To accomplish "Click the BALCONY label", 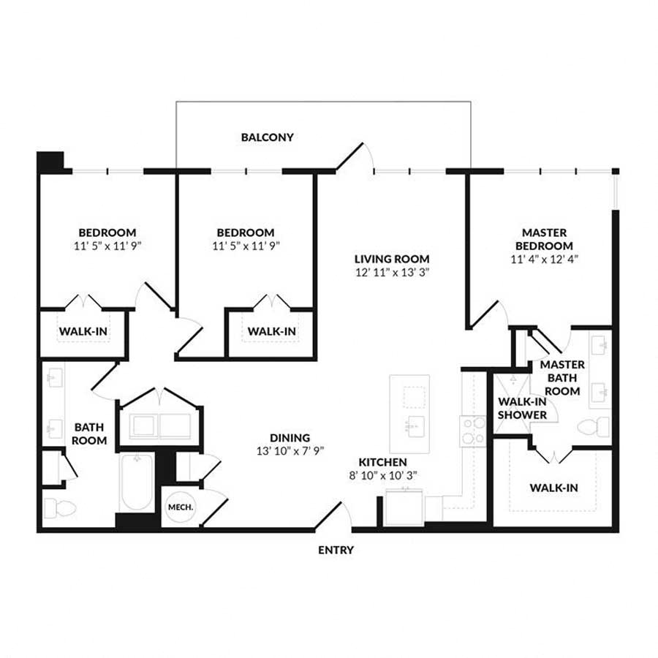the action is (267, 137).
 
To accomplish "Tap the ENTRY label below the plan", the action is (336, 550).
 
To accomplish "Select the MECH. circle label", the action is (181, 507).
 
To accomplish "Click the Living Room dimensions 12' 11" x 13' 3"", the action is (393, 273).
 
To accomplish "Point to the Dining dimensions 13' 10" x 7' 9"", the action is (290, 451).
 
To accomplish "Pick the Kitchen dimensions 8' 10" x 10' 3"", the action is (382, 475).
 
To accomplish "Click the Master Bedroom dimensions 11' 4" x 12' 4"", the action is (544, 259).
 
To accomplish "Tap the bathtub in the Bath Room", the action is (137, 483).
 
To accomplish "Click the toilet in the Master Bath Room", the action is (594, 427).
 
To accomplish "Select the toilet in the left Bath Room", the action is (60, 508).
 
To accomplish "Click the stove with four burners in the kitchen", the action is (473, 431).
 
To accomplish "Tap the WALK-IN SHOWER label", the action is (523, 408).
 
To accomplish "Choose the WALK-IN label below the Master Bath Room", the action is (553, 488).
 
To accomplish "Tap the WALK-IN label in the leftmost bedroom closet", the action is (83, 331).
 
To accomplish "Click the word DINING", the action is (290, 438).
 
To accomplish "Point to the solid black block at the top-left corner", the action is (50, 162).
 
